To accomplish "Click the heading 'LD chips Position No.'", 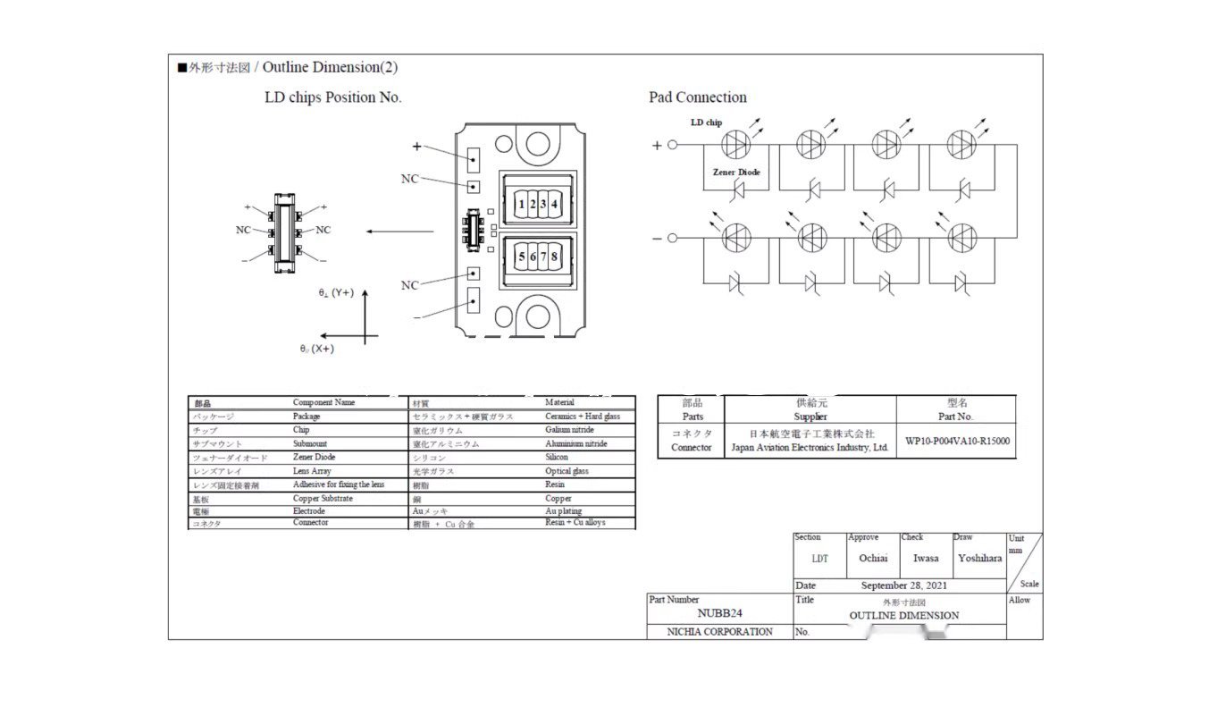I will [332, 97].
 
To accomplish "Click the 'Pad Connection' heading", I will [697, 97].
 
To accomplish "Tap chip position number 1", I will [522, 205].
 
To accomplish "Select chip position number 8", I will [555, 257].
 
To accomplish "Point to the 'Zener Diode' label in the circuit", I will [736, 172].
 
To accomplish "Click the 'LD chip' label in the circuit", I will [706, 122].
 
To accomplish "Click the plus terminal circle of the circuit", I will [673, 144].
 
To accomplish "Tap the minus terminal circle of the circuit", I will [673, 238].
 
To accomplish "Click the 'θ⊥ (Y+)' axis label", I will [336, 292].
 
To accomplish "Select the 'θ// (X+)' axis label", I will [317, 349].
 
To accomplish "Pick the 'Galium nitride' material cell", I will [569, 430].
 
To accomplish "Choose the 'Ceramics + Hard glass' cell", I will [583, 417].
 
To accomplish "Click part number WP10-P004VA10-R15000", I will [957, 441].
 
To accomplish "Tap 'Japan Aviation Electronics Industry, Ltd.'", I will [810, 448].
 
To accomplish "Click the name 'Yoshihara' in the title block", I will [979, 559].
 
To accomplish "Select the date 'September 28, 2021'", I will [903, 585].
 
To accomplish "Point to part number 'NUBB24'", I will [719, 613].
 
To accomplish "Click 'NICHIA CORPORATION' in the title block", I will [720, 632].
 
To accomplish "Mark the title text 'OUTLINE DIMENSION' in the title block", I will [903, 615].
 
